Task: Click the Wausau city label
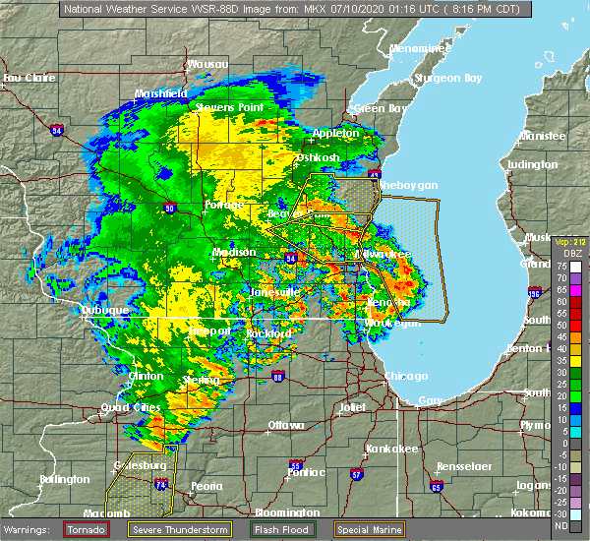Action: (x=207, y=63)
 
